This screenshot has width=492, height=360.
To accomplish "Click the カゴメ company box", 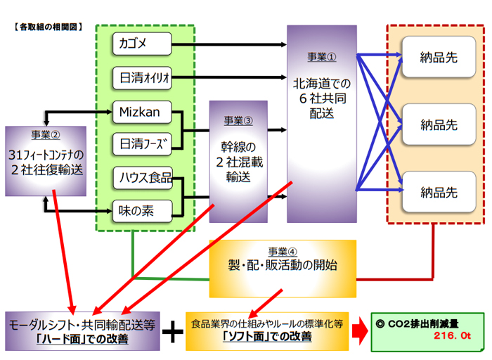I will pyautogui.click(x=142, y=44).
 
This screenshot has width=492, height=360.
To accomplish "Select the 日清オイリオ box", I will pyautogui.click(x=142, y=77).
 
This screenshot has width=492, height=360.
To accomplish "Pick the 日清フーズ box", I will pyautogui.click(x=142, y=143).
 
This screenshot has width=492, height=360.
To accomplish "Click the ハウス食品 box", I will pyautogui.click(x=142, y=177).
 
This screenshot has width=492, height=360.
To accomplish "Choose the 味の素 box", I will pyautogui.click(x=142, y=209).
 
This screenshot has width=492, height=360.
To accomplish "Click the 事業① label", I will pyautogui.click(x=322, y=56).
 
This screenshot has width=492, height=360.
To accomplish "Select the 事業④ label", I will pyautogui.click(x=283, y=251).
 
